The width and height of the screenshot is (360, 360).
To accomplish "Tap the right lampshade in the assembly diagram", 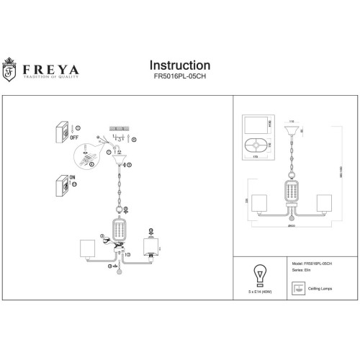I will (150, 248).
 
